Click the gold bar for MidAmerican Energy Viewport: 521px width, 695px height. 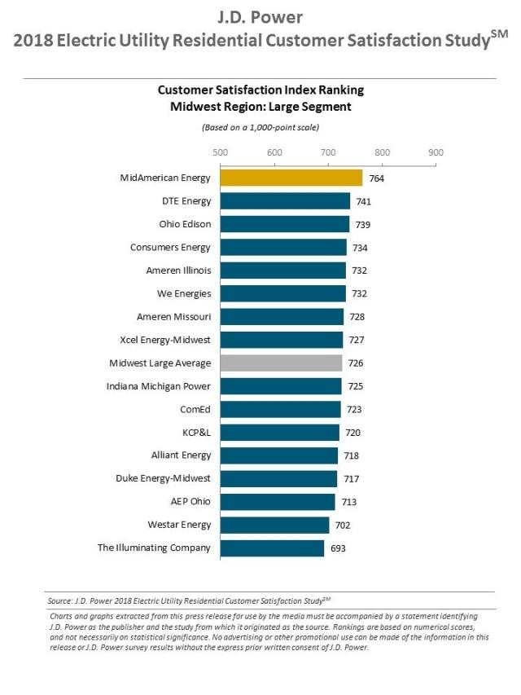pyautogui.click(x=291, y=178)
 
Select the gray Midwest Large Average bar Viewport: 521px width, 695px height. pyautogui.click(x=282, y=363)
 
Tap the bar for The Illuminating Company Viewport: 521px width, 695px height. pyautogui.click(x=272, y=548)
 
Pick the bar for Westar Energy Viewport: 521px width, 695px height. pyautogui.click(x=274, y=526)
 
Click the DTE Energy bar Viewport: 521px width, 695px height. pyautogui.click(x=285, y=200)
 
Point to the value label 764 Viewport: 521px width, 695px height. pyautogui.click(x=377, y=178)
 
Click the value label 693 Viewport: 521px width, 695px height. pyautogui.click(x=338, y=548)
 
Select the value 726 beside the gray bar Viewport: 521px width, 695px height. pyautogui.click(x=356, y=363)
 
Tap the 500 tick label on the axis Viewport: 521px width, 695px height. pyautogui.click(x=220, y=152)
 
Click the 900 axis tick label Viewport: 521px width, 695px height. pyautogui.click(x=436, y=152)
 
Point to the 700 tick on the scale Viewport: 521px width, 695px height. pyautogui.click(x=328, y=152)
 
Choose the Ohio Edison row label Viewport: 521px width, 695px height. pyautogui.click(x=185, y=224)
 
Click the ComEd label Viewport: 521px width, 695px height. pyautogui.click(x=195, y=409)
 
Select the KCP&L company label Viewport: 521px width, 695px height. pyautogui.click(x=197, y=432)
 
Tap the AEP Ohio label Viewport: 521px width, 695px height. pyautogui.click(x=190, y=501)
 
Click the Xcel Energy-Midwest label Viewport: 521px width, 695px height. pyautogui.click(x=165, y=340)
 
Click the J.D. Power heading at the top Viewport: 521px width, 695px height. pyautogui.click(x=260, y=17)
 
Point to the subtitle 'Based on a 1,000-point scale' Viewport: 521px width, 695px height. pyautogui.click(x=260, y=128)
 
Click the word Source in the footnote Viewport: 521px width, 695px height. pyautogui.click(x=60, y=601)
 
